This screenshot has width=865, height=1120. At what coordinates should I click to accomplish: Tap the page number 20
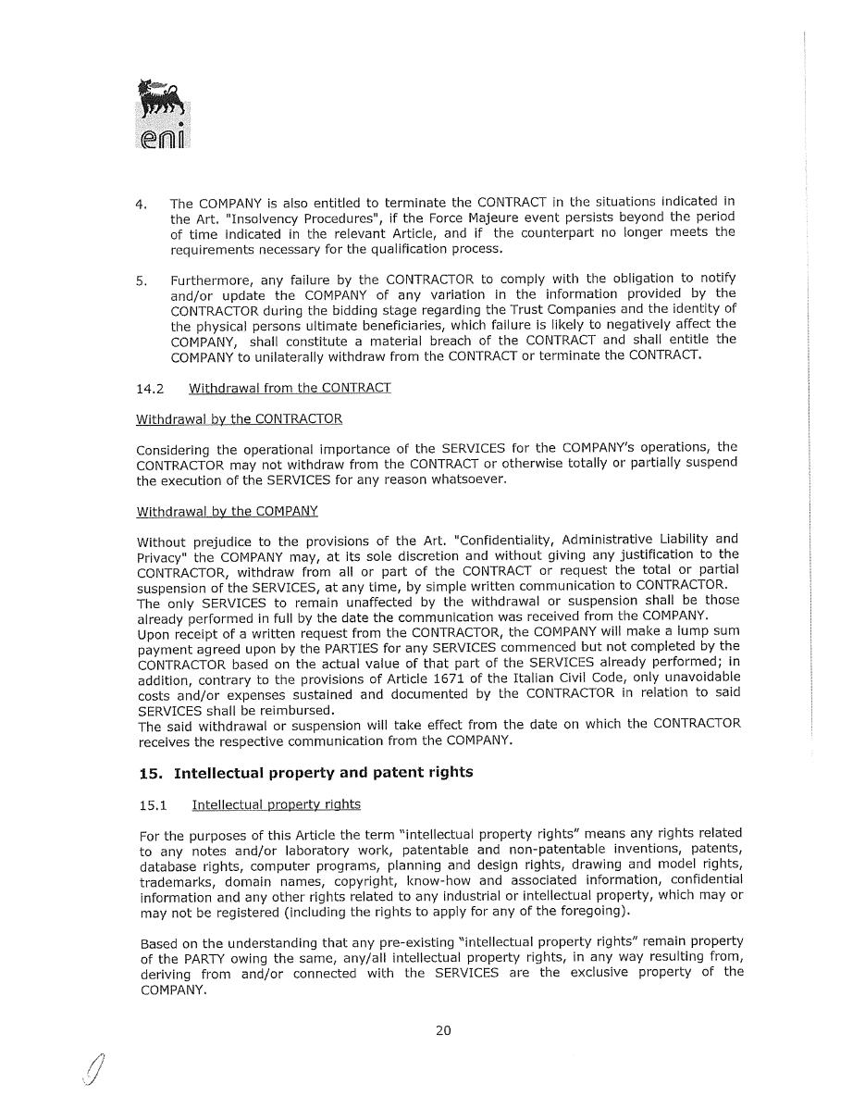[x=443, y=1030]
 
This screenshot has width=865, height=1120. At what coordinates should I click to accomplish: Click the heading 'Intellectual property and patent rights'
[x=323, y=772]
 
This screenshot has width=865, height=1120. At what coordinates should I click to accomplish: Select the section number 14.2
[x=150, y=388]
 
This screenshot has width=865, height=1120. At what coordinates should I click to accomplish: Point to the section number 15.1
[x=153, y=804]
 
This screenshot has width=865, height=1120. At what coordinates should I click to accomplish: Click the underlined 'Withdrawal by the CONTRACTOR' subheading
[x=239, y=419]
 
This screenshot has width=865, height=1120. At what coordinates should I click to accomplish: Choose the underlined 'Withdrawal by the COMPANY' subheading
[x=227, y=511]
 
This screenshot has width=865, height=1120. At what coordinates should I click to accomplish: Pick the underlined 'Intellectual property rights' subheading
[x=276, y=804]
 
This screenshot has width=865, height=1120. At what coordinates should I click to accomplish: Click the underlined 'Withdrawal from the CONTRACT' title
[x=290, y=388]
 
